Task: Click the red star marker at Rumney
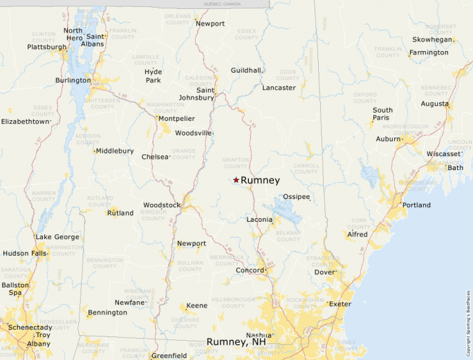236,180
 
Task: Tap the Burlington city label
73,80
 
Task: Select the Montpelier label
176,119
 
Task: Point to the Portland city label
416,205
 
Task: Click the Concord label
249,270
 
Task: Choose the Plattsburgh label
47,47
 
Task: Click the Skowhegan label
432,39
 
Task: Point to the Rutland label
120,213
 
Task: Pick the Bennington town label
107,312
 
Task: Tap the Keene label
197,305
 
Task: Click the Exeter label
340,304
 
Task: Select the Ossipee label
297,197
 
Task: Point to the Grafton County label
235,163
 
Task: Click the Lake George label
57,237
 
